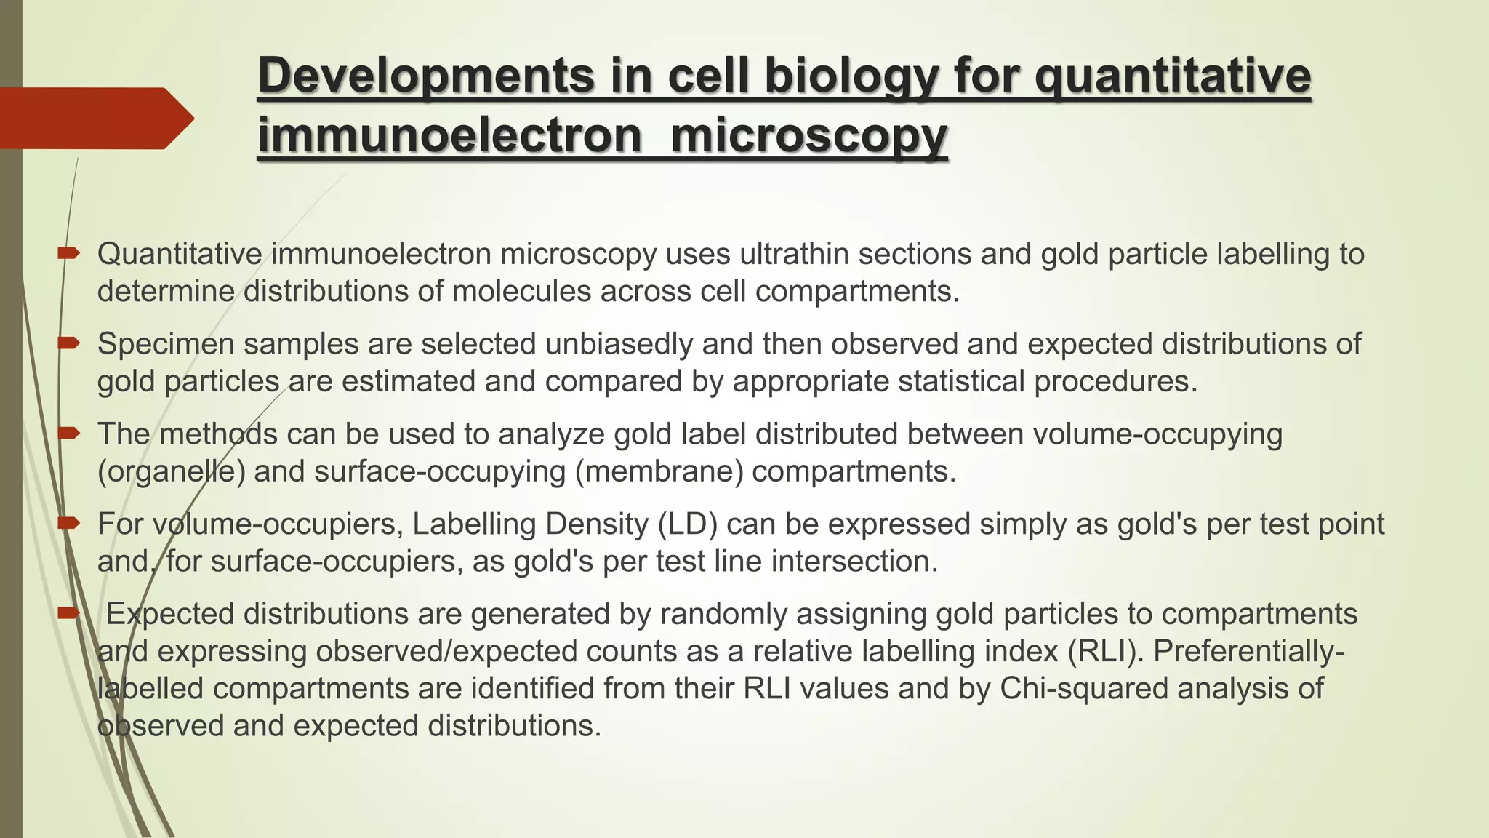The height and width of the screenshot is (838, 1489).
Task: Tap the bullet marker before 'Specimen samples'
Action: [68, 343]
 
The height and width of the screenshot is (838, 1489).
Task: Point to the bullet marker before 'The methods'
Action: [68, 434]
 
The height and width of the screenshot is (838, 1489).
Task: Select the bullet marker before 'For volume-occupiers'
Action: [68, 523]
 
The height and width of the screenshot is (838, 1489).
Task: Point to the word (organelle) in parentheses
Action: [172, 472]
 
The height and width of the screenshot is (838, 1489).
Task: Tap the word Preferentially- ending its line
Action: [1248, 651]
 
